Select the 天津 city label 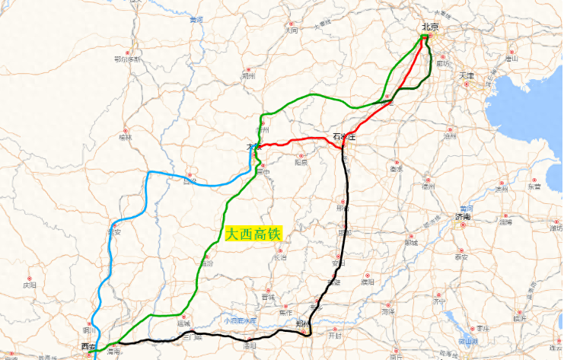click(466, 76)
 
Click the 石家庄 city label click(345, 136)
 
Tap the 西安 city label click(88, 347)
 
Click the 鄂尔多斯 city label click(128, 59)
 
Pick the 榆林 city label click(125, 138)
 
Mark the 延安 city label click(114, 231)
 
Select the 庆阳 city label click(30, 286)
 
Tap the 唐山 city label click(511, 58)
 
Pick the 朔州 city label click(247, 76)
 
